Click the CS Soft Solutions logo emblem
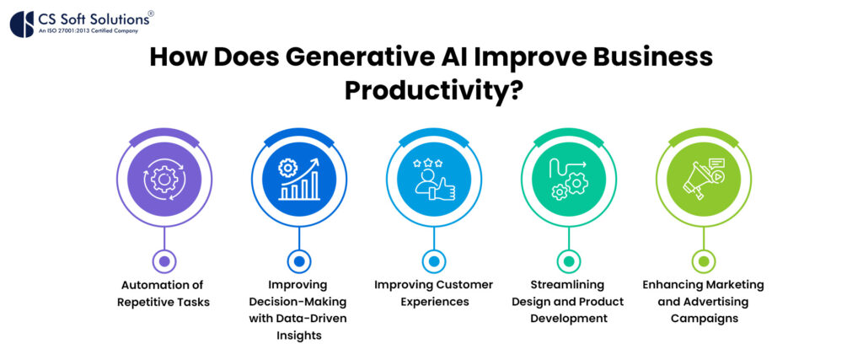pos(22,23)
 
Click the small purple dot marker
pos(163,261)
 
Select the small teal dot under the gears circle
pos(567,261)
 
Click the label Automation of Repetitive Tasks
pos(163,293)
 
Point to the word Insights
pos(297,335)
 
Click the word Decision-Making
pos(297,302)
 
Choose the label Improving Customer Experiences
pos(432,293)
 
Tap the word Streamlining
pos(567,285)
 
